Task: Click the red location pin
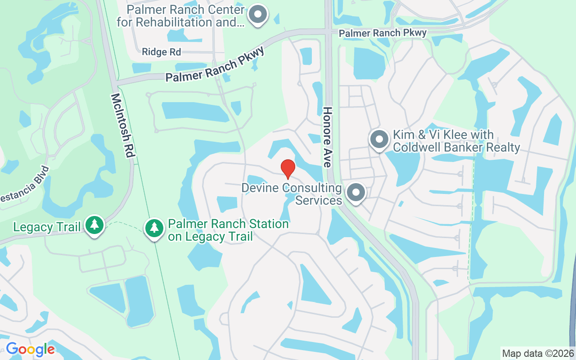[x=288, y=169]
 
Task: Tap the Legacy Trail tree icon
[x=94, y=225]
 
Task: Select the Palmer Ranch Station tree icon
[x=154, y=228]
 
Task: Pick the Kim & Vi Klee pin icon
[x=379, y=139]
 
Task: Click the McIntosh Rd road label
[x=122, y=125]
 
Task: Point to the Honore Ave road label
[x=327, y=137]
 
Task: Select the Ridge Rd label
[x=161, y=52]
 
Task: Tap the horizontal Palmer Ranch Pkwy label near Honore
[x=382, y=33]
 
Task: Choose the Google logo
[x=30, y=349]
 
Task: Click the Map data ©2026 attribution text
[x=538, y=353]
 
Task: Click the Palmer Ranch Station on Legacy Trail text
[x=228, y=230]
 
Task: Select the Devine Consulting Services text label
[x=292, y=193]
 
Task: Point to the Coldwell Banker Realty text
[x=456, y=147]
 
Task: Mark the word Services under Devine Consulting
[x=319, y=200]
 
